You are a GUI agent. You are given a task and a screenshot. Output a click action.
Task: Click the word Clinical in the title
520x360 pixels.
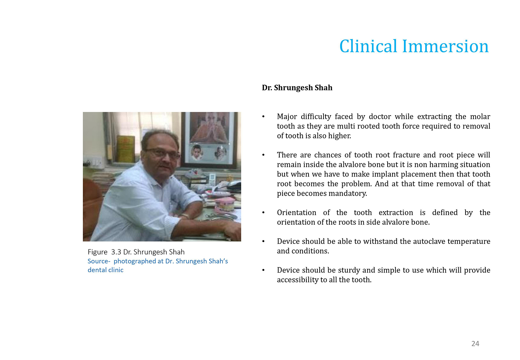coord(369,46)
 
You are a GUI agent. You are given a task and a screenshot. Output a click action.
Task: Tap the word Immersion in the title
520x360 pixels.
coord(445,46)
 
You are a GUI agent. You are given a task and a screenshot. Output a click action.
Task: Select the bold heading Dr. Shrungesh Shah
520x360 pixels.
coord(297,87)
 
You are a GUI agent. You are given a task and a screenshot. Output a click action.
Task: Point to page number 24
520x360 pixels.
coord(475,343)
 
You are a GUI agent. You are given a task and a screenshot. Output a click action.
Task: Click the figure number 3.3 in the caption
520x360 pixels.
coord(116,252)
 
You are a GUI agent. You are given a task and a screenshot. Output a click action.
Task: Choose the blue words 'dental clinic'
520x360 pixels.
coord(105,270)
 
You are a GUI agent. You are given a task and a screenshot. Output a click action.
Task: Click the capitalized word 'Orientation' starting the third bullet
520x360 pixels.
coord(297,213)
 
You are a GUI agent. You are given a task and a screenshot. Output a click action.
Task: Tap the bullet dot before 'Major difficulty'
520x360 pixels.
coord(263,117)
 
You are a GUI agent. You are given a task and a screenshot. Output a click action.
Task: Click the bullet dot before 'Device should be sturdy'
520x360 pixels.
coord(263,270)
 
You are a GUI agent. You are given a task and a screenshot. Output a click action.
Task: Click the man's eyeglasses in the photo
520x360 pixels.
coord(163,153)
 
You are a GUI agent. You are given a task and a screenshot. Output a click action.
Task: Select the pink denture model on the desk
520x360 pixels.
coord(225,205)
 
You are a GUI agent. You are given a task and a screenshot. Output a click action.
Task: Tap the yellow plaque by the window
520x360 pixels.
coord(125,149)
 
